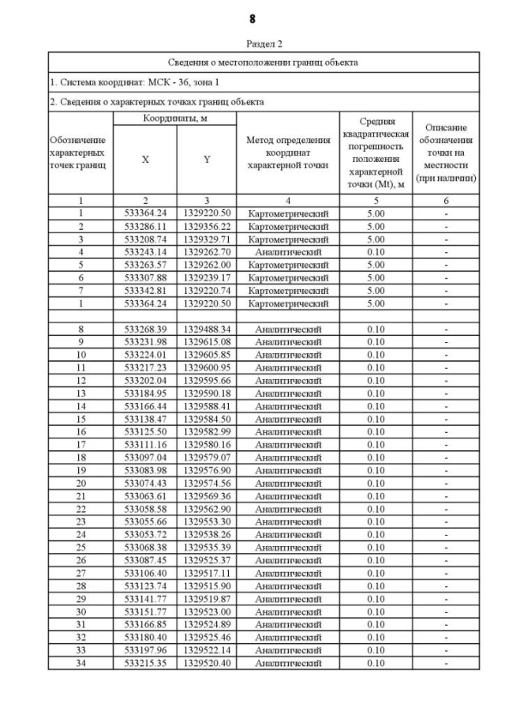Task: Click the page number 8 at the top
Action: click(x=252, y=18)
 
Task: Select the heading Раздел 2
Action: click(x=252, y=45)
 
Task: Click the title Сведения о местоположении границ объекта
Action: click(x=264, y=62)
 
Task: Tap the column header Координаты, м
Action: click(x=174, y=118)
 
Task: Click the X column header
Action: click(x=144, y=159)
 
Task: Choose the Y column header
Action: click(x=206, y=159)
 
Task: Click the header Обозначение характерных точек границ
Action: click(x=80, y=152)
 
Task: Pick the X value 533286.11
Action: click(x=144, y=226)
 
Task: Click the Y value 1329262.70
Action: click(x=206, y=251)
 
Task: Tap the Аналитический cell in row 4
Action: click(x=288, y=251)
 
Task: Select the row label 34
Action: click(x=80, y=663)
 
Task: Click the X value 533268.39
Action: click(x=144, y=329)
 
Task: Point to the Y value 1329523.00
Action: click(x=206, y=612)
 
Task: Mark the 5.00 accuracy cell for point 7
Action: click(x=376, y=290)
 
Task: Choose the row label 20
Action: click(x=80, y=483)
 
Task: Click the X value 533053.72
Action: click(x=144, y=534)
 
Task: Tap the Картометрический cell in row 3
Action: click(x=288, y=239)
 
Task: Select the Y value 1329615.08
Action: click(x=206, y=341)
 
